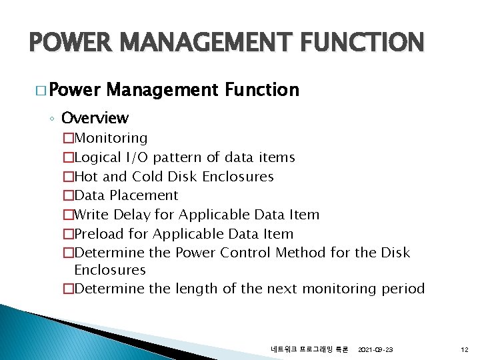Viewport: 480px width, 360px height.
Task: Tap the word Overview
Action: (95, 119)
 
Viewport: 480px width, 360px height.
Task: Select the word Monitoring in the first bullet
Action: (111, 138)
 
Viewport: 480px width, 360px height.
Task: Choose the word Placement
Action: (145, 195)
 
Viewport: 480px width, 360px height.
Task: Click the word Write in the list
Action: (91, 215)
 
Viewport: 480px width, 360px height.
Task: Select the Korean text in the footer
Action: (309, 349)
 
